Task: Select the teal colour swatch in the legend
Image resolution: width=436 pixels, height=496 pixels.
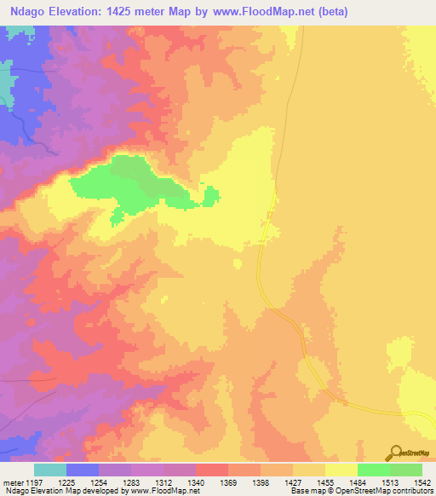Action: click(x=50, y=470)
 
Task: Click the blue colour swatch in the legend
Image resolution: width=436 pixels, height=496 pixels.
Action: click(x=83, y=470)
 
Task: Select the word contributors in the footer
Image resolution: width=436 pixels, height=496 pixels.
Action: click(x=412, y=492)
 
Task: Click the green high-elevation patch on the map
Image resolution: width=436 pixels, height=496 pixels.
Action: click(x=128, y=183)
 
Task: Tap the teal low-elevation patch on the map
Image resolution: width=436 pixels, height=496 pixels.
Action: click(x=9, y=81)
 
